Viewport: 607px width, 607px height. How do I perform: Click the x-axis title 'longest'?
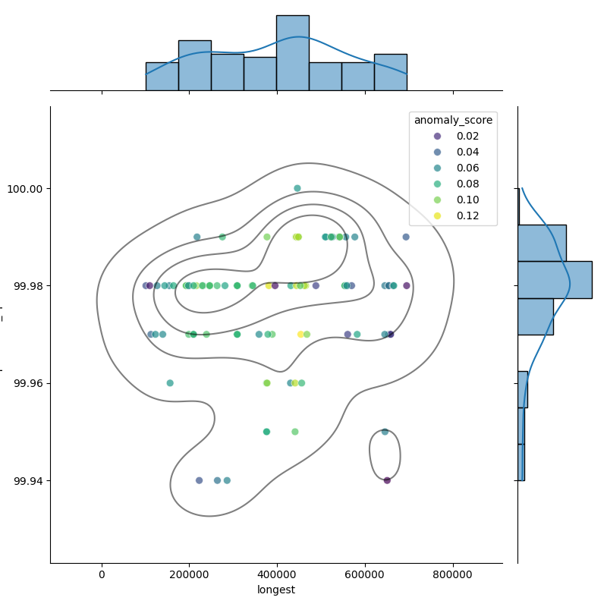[276, 590]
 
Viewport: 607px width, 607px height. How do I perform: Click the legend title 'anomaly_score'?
[453, 120]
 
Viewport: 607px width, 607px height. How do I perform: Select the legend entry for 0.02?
[468, 136]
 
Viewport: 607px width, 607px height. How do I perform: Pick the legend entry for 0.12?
[468, 215]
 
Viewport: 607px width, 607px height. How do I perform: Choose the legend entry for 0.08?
[468, 184]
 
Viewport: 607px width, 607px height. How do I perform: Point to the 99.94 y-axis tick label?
[29, 480]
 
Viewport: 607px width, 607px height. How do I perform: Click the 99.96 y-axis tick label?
[29, 383]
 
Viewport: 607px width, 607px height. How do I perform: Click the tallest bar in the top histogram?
[292, 53]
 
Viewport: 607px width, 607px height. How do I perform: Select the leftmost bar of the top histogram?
[162, 77]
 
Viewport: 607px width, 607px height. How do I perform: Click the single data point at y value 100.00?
[297, 188]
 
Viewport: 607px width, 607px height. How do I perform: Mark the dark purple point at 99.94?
[387, 480]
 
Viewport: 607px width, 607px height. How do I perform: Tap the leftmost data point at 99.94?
[200, 480]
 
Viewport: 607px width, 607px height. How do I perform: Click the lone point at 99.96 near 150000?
[170, 383]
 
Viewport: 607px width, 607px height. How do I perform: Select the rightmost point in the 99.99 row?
[406, 237]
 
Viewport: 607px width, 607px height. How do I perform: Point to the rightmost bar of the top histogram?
[390, 72]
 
